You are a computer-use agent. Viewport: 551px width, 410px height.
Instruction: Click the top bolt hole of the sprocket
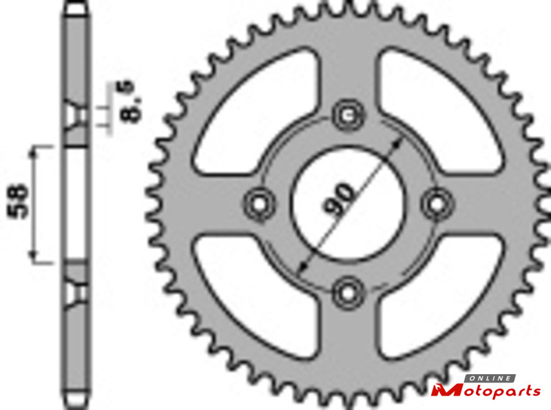[349, 115]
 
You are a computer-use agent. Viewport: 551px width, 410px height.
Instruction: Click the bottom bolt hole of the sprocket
[349, 293]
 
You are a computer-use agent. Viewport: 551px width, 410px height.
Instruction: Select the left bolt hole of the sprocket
[260, 204]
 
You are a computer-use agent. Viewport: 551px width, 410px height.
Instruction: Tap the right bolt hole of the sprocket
[437, 204]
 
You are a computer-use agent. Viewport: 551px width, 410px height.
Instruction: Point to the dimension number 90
[338, 198]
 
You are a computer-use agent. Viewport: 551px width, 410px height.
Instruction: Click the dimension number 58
[19, 201]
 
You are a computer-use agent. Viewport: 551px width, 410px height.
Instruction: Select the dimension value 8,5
[127, 101]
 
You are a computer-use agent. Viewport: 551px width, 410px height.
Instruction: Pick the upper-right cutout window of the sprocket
[439, 112]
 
